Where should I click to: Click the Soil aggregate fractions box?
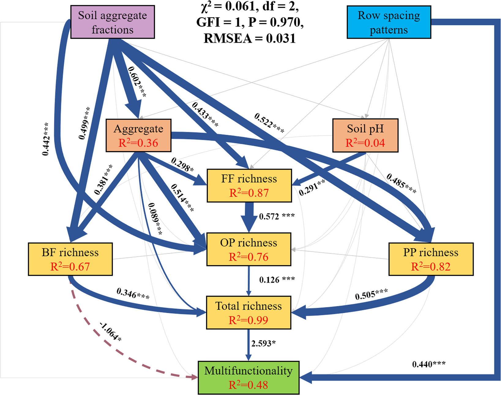112,22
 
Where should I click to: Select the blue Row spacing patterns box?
389,22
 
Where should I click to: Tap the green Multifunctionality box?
248,378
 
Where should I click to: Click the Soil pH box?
365,136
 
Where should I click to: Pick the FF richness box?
249,186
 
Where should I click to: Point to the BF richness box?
70,259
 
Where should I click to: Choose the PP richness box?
431,259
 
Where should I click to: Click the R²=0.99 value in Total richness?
248,320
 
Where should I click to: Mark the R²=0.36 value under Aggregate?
138,143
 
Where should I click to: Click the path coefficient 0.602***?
137,82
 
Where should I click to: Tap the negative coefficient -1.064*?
110,332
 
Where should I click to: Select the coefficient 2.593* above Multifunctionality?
263,344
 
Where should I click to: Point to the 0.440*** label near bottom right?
428,364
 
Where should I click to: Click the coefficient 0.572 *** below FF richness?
277,217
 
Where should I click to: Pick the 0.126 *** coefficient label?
277,280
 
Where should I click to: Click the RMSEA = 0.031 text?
249,39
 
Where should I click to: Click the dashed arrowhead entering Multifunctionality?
195,378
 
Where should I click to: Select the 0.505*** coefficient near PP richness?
371,294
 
